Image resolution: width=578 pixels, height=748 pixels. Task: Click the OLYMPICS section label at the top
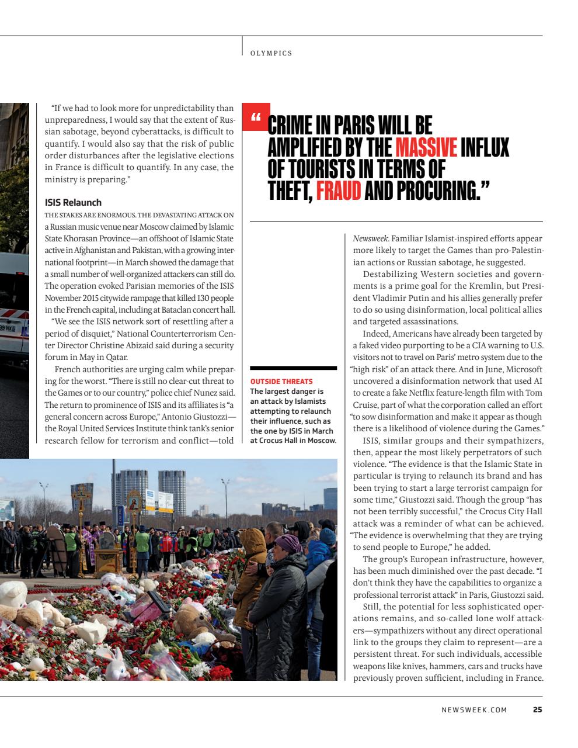tap(271, 53)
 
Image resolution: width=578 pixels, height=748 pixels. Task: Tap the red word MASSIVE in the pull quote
tap(426, 147)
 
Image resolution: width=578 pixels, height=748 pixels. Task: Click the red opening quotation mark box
tap(255, 117)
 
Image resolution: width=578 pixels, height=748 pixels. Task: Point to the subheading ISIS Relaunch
tap(73, 203)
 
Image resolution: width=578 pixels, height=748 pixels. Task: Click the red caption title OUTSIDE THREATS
tap(281, 382)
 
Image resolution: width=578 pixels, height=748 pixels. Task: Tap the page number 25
tap(537, 710)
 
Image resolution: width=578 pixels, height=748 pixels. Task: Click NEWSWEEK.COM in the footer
tap(474, 710)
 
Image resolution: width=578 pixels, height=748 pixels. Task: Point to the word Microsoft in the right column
tap(524, 369)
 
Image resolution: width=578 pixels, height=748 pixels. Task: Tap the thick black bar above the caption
tap(293, 368)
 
